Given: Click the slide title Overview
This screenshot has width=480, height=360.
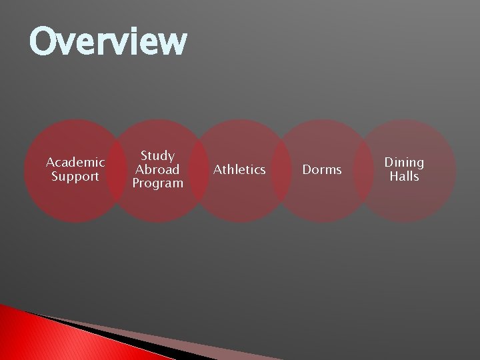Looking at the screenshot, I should tap(108, 41).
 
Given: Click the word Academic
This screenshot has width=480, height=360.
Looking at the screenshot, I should tap(75, 162).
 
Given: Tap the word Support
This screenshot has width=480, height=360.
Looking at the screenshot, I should tap(75, 177).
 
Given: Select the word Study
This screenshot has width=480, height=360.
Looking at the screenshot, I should tap(157, 155).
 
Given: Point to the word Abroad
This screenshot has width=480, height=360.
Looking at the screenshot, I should tap(157, 169).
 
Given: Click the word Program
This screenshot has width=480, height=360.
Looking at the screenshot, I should tap(157, 183).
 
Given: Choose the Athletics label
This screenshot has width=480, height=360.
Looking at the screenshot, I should tap(239, 170).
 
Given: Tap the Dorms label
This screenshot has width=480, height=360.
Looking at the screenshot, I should tap(322, 170).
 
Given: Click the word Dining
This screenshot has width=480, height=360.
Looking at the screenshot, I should tap(404, 162).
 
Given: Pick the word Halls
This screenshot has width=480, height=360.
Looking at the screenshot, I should tap(404, 177).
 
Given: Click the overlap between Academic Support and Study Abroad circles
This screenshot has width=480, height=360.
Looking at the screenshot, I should tap(117, 171).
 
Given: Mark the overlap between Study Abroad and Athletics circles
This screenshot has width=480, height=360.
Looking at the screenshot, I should tap(199, 171).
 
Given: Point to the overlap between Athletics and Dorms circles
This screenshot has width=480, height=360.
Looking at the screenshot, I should tap(281, 171).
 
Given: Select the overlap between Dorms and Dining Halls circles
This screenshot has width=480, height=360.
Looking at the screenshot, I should tap(363, 171).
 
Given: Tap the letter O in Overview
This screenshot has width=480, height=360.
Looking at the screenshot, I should tap(45, 41).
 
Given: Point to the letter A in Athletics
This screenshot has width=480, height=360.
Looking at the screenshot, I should tap(217, 170).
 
